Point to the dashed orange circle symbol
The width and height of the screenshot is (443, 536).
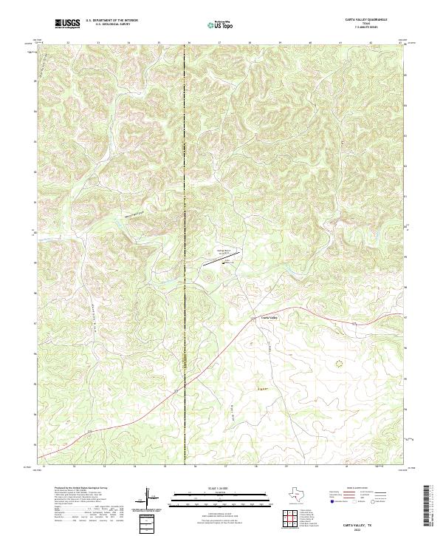pyautogui.click(x=340, y=363)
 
